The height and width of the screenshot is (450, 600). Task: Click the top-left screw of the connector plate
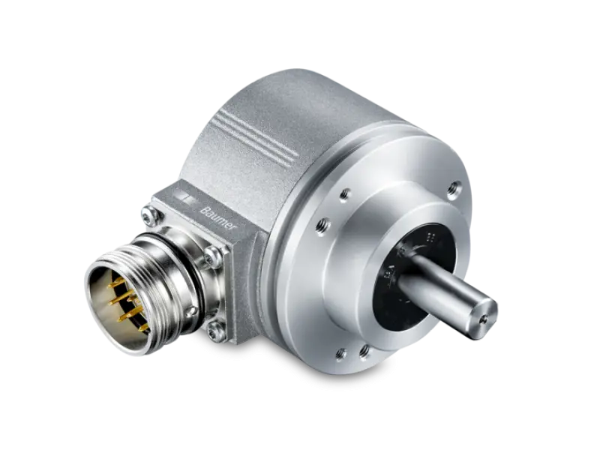click(151, 214)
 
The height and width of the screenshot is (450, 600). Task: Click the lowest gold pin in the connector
click(143, 328)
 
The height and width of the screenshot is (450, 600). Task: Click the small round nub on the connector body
click(190, 311)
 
